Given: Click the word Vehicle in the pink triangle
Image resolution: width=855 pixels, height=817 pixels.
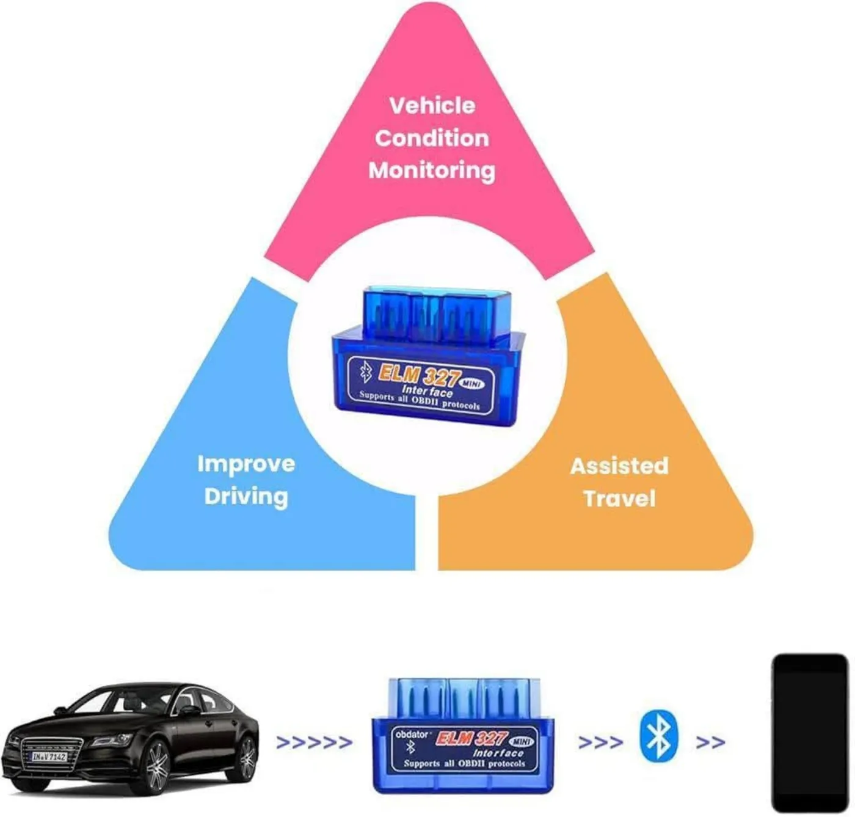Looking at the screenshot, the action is pos(432,106).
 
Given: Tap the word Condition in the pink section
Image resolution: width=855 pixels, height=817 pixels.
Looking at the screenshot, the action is pos(432,138).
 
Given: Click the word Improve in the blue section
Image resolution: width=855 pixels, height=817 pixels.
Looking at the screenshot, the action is pos(246,465).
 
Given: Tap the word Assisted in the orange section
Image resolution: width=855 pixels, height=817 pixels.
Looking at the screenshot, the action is pos(619,466).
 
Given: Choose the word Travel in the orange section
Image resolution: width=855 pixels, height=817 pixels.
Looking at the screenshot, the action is pos(619,499).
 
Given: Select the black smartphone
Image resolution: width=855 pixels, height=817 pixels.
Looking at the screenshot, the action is pos(810,733).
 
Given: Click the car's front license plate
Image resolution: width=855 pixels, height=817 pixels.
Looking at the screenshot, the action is pos(49,757).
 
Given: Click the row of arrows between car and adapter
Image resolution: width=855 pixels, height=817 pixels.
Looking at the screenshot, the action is pos(315,742).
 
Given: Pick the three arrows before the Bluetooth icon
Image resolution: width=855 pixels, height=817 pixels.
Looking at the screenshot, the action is pos(600,742).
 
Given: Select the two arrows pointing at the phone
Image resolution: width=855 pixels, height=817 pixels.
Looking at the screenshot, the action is pos(710,742).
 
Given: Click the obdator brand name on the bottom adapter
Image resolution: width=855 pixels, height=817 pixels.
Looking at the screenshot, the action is pos(412,735).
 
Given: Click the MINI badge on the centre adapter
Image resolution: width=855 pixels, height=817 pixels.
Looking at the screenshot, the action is pos(472,384).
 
